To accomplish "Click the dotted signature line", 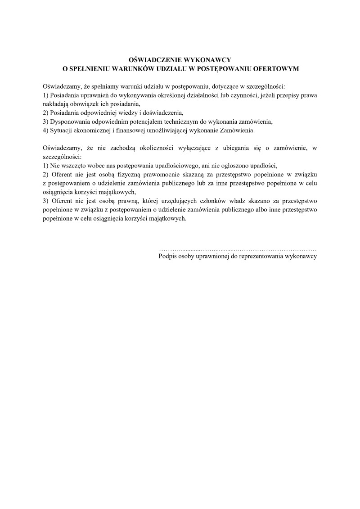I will pos(238,248).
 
